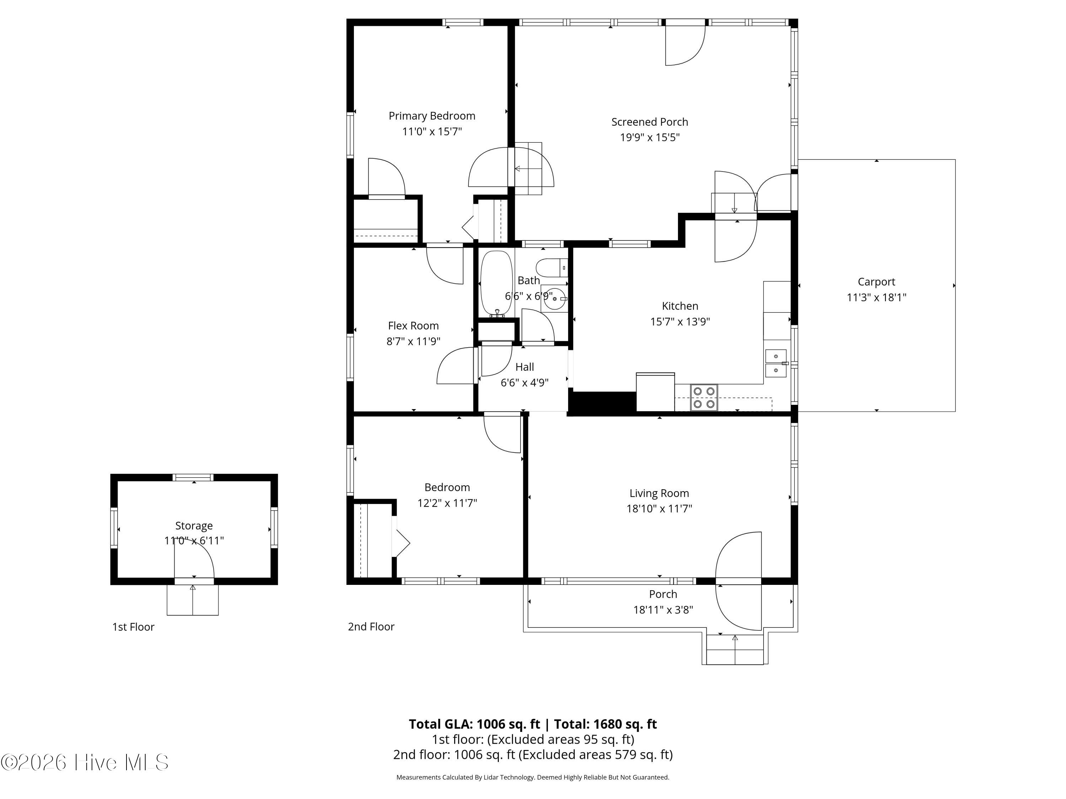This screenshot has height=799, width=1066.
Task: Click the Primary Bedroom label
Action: point(432,116)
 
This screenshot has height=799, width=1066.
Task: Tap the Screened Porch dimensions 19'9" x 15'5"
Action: point(650,138)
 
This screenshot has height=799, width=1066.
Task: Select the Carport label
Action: point(876,282)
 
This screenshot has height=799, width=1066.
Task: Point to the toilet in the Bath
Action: point(551,267)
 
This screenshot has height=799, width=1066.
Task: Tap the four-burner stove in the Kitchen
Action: point(704,397)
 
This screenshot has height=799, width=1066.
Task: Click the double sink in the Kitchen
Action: point(776,363)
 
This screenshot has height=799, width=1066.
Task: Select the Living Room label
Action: point(659,493)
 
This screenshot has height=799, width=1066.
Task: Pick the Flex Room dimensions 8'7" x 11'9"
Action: point(414,342)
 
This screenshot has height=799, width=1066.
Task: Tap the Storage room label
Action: point(194,526)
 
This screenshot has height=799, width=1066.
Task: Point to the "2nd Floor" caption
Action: point(371,626)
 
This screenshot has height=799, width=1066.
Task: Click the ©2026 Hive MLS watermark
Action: point(85,762)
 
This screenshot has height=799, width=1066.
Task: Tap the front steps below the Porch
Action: point(735,650)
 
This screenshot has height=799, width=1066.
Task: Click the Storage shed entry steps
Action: point(193,600)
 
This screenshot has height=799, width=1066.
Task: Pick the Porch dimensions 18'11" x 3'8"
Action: point(663,610)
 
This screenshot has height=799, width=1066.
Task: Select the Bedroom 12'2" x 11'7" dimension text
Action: point(447,503)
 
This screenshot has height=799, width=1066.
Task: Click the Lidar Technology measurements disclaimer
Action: point(533,777)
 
